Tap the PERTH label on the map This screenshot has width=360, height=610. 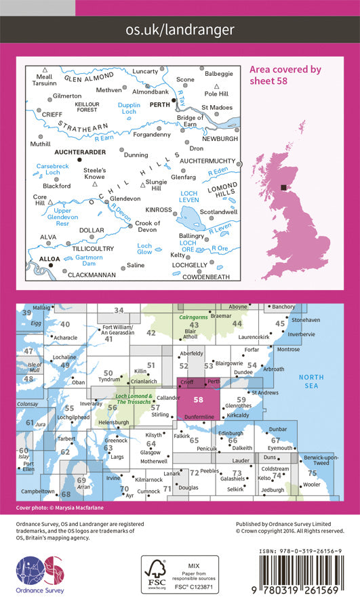160,104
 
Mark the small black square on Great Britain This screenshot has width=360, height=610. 284,188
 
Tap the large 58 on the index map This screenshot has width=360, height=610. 198,401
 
